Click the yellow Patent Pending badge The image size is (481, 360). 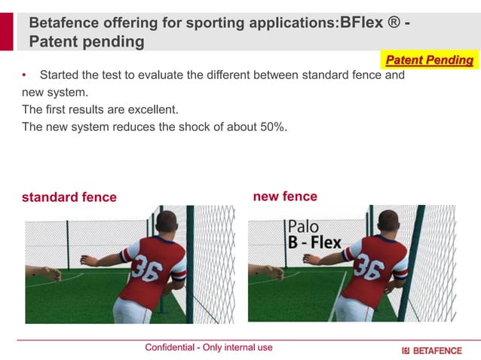click(429, 59)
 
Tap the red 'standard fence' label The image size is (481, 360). click(69, 197)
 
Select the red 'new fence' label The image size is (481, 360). click(285, 197)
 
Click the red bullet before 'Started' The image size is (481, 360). click(24, 75)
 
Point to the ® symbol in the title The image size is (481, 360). click(393, 23)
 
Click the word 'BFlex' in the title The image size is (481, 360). click(362, 23)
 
